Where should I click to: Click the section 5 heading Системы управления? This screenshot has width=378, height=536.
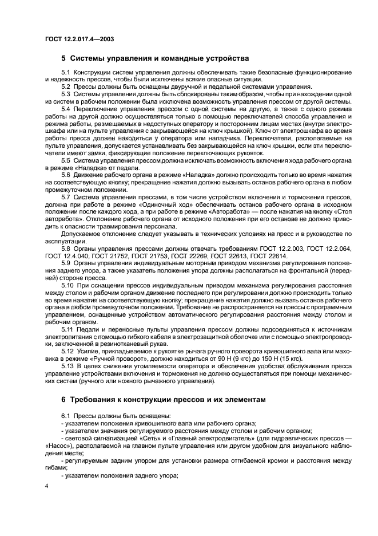point(155,58)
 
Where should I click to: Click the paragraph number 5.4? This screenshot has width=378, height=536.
point(66,109)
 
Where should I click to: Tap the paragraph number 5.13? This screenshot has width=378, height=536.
point(67,364)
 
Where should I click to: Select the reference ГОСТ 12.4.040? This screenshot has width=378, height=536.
point(67,255)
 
